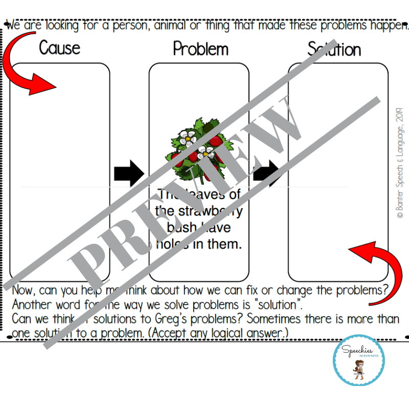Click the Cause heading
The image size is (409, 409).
coord(60,48)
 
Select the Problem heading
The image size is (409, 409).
coord(200,49)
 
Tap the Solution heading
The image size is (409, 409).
coord(334,49)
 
